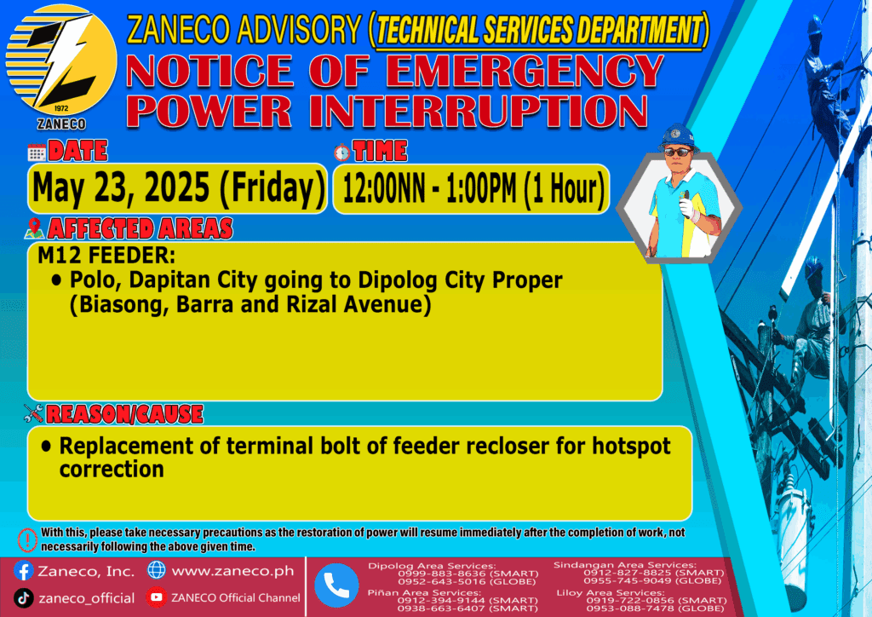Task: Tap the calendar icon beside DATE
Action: click(37, 152)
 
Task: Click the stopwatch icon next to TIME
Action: click(342, 152)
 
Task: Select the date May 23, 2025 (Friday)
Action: click(178, 188)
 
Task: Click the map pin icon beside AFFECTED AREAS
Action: click(34, 228)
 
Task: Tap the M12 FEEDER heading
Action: click(106, 256)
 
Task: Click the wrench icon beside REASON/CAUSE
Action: click(33, 413)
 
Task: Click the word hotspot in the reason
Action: click(631, 447)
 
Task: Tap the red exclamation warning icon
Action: click(27, 539)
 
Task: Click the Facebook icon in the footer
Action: click(23, 571)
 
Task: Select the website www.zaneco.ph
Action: click(232, 571)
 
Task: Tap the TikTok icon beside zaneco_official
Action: click(23, 598)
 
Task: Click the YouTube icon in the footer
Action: click(157, 597)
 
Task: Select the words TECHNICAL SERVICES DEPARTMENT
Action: click(539, 30)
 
